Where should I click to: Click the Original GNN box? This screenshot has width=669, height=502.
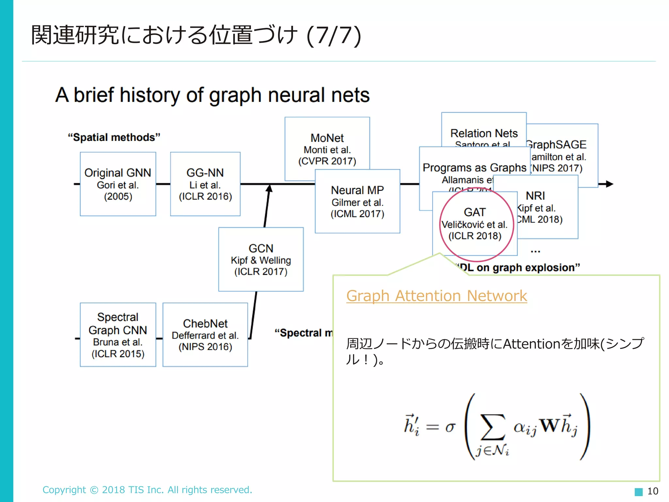(118, 184)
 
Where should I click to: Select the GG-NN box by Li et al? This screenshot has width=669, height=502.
(205, 184)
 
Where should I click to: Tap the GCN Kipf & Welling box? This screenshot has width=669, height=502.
(261, 259)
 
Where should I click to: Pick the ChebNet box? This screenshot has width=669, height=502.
(205, 335)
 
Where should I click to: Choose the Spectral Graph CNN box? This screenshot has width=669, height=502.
(118, 335)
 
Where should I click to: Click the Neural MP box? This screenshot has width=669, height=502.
(357, 201)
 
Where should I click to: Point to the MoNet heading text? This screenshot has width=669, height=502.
(327, 138)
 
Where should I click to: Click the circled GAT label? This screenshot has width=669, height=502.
(475, 212)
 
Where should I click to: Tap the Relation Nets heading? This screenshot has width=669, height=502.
(484, 133)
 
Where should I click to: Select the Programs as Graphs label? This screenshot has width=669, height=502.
(474, 168)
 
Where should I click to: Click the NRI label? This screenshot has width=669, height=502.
(535, 196)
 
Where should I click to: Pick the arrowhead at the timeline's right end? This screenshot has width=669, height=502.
(609, 184)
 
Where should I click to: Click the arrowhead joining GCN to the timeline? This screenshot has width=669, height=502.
(269, 189)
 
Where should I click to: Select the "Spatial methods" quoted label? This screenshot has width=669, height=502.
(114, 137)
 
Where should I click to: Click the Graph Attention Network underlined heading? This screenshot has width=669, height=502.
(436, 296)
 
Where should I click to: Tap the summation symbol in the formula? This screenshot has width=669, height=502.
(492, 427)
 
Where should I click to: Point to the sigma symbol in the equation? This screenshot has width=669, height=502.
(450, 427)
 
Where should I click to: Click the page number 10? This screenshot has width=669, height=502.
(653, 491)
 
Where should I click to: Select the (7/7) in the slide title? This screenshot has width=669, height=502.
(334, 35)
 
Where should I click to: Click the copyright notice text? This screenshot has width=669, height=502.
(147, 490)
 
